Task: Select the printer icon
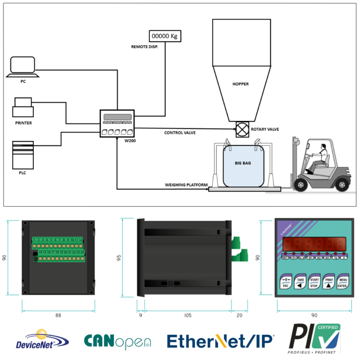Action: pos(22,107)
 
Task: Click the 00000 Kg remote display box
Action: pos(165,36)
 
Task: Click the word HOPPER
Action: pos(240,84)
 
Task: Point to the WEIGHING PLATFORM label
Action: pos(186,185)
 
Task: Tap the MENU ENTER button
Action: pos(343,282)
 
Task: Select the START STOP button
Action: pos(314,282)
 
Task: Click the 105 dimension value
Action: pos(187,315)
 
